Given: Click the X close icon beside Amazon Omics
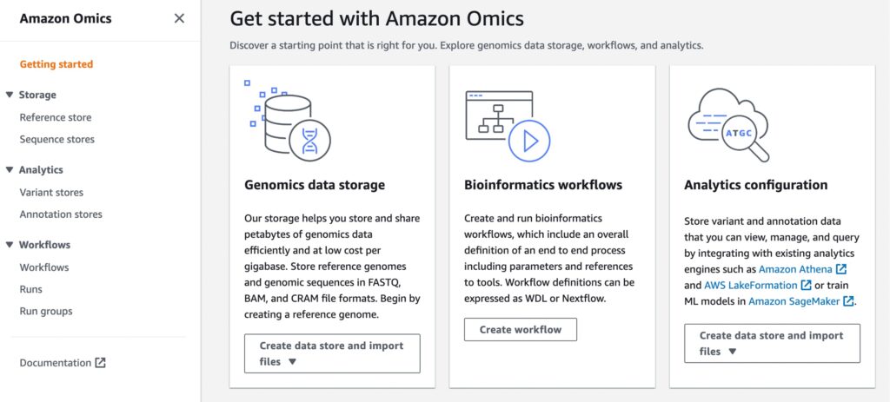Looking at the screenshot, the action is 179,19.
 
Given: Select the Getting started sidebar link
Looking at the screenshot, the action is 56,64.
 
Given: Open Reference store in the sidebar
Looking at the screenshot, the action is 55,117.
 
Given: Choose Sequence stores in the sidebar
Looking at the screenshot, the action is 56,139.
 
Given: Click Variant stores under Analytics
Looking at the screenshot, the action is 51,192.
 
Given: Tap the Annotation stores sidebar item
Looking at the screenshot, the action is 61,214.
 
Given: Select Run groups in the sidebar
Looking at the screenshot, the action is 46,312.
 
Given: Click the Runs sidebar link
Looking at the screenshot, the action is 30,289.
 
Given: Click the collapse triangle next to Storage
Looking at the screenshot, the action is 9,95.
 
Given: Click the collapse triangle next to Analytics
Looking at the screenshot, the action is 9,169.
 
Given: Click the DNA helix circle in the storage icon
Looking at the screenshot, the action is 309,141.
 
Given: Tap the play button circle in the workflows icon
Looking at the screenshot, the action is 529,142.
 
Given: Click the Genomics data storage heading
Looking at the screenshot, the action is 315,185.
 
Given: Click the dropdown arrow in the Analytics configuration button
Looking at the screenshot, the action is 732,352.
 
